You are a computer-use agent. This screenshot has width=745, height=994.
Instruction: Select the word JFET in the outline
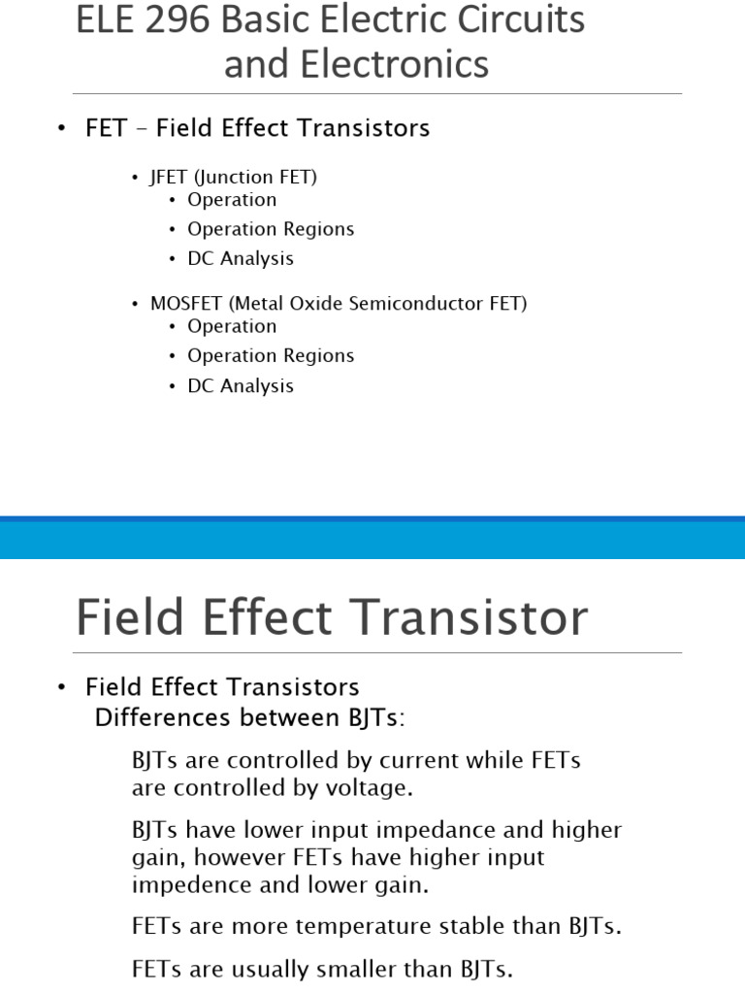[x=169, y=177]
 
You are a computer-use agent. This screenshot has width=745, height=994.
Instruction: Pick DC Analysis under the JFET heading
[x=241, y=258]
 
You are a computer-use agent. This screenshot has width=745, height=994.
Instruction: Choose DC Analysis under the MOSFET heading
[x=241, y=385]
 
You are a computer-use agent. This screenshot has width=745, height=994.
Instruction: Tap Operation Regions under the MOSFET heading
[x=271, y=355]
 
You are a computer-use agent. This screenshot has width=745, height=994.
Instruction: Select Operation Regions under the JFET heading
[x=271, y=229]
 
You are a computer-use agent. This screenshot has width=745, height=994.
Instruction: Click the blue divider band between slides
[x=372, y=538]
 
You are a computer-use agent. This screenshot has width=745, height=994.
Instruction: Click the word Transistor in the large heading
[x=469, y=617]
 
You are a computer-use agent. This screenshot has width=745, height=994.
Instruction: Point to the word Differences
[x=162, y=717]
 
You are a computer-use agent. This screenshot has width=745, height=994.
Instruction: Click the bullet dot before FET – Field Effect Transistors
[x=61, y=129]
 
